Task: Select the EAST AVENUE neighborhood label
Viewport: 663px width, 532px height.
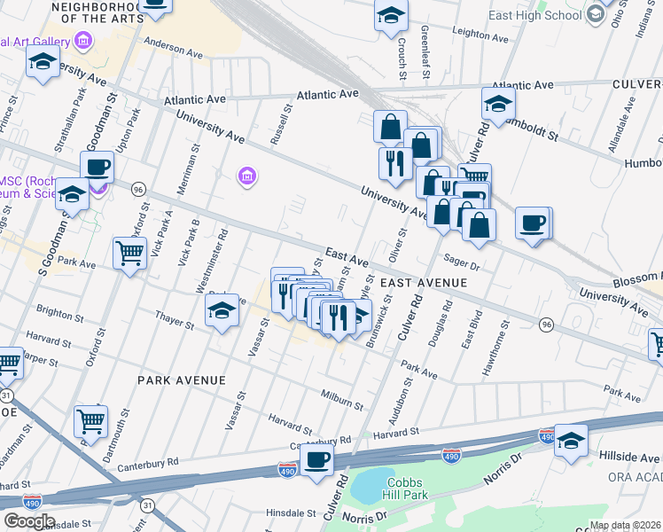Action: point(423,282)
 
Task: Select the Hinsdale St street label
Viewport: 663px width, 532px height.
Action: point(285,512)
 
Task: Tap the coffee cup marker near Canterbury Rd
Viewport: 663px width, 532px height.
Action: point(316,460)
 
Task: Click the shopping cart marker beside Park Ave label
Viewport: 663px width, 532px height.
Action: point(130,254)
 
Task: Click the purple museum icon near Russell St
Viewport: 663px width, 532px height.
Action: point(247,177)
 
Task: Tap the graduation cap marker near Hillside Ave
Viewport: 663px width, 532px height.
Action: point(571,441)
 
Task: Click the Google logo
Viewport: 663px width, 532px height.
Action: point(29,521)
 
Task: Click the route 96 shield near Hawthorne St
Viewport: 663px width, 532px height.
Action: point(547,325)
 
